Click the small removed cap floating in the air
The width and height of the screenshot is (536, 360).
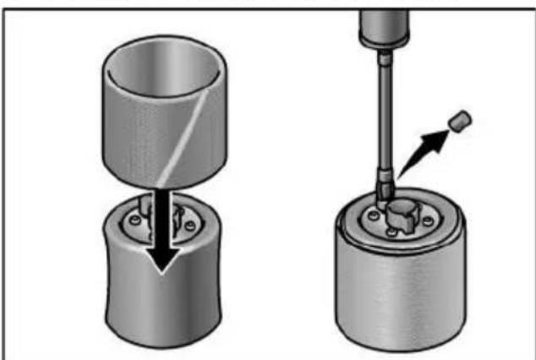coord(458,121)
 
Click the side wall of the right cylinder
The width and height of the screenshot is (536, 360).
coord(397,296)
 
